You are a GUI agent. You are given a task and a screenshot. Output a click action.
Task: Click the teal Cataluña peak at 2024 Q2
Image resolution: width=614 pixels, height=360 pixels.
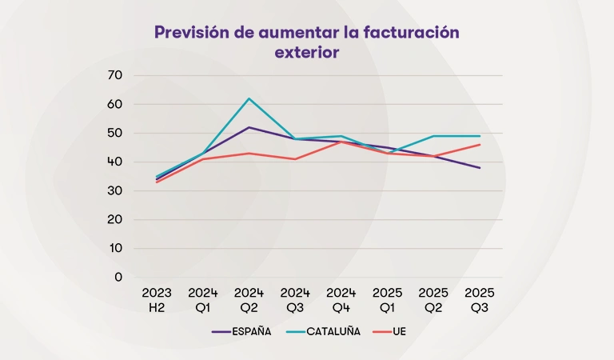pos(249,98)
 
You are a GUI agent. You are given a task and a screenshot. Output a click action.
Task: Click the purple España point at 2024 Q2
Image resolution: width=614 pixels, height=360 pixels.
pos(249,127)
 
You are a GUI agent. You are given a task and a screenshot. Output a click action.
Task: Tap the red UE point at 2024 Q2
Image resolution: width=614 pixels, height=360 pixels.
pos(249,154)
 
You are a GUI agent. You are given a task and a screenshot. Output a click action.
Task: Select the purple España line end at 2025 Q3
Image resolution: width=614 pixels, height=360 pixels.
pos(480,168)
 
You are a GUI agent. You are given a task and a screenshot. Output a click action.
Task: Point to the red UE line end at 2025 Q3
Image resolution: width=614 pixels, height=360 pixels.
pos(480,145)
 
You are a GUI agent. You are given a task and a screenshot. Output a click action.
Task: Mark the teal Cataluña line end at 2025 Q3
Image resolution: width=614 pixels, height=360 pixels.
pos(480,136)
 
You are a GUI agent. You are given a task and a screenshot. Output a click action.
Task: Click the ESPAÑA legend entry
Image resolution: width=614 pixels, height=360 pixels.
pos(241,331)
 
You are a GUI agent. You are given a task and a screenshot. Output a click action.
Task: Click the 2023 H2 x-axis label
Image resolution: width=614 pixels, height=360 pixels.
pos(157,300)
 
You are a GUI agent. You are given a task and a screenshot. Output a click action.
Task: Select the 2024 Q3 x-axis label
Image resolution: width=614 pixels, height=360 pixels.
pos(295,300)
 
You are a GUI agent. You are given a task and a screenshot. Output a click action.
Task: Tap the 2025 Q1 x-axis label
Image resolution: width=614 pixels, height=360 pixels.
pos(388,300)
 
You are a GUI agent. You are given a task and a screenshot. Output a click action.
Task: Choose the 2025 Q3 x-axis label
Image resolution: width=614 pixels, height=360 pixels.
pos(480,300)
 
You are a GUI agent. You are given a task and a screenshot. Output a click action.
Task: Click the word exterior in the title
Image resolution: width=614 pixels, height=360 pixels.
pos(307,53)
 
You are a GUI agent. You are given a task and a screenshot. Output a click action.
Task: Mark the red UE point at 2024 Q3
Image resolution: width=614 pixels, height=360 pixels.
pos(295,159)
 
